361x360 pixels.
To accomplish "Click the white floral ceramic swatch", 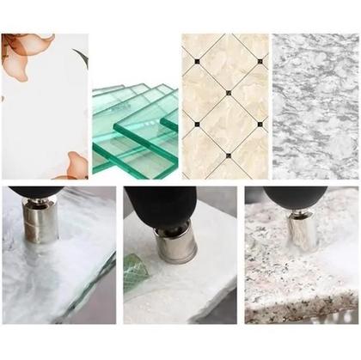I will click(43, 112).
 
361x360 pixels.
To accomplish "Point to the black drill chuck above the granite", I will click(292, 194).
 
